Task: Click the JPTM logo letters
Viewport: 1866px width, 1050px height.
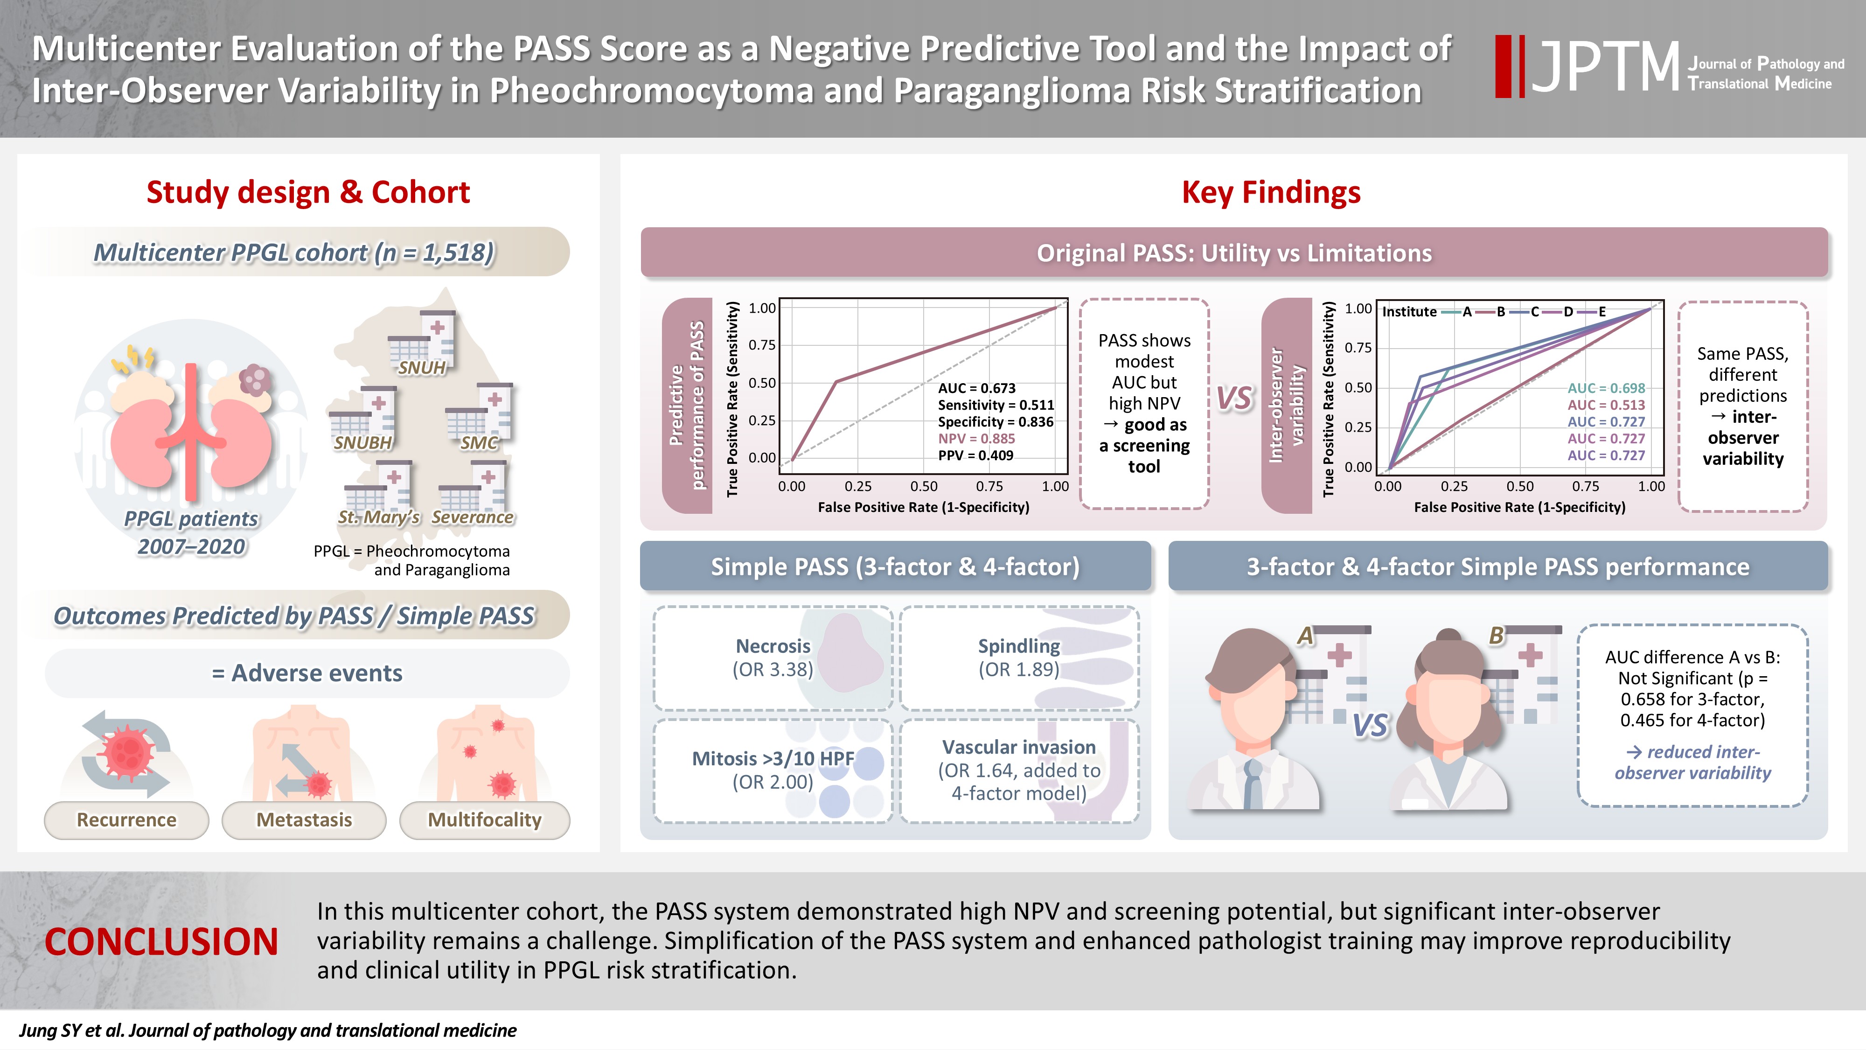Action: point(1604,67)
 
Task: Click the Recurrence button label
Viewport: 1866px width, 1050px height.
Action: point(127,819)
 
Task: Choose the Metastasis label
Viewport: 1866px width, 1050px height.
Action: point(304,819)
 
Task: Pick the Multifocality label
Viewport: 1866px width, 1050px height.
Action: point(485,819)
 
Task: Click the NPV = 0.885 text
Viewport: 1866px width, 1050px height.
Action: point(976,438)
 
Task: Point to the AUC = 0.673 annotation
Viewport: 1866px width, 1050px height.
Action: point(976,388)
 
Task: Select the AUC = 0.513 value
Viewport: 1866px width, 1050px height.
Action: point(1606,405)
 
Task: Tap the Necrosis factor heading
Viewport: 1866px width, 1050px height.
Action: point(773,646)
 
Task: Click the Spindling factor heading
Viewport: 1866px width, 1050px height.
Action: point(1018,646)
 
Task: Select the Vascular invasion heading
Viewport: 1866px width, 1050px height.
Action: point(1018,747)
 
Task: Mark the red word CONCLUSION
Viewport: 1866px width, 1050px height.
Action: point(161,941)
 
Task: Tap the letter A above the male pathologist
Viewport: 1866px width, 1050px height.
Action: point(1305,636)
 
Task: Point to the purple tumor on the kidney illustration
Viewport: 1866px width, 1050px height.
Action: point(254,379)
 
